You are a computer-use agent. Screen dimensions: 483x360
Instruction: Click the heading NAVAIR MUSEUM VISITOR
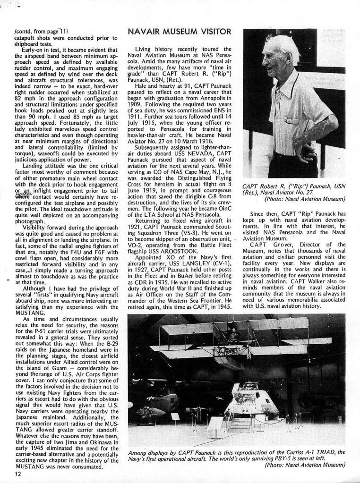pyautogui.click(x=179, y=32)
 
